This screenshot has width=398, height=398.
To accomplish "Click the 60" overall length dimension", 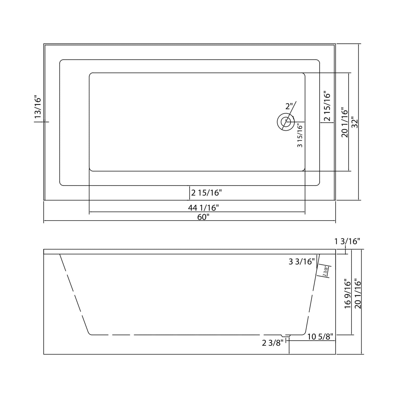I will click(x=203, y=217).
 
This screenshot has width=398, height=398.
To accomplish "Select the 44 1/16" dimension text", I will click(x=203, y=208).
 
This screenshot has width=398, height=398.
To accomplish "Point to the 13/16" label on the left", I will click(x=38, y=107).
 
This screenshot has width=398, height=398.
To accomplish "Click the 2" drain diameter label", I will click(x=289, y=106).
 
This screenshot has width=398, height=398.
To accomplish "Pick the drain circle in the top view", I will click(x=286, y=121).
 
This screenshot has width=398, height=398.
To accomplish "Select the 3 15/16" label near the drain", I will click(x=300, y=136).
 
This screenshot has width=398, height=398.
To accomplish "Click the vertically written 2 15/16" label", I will click(x=327, y=106).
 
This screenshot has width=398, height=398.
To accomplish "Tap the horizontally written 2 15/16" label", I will click(x=206, y=193).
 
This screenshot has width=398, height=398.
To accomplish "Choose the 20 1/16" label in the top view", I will click(x=345, y=122).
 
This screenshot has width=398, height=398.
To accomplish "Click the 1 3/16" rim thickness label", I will click(x=347, y=242).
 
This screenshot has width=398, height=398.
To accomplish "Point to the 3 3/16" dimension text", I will click(x=302, y=262).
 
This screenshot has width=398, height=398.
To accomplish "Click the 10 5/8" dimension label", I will click(x=320, y=336).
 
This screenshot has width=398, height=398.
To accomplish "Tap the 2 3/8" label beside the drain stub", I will click(x=272, y=343).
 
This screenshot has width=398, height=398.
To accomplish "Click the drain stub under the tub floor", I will click(x=286, y=336).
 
